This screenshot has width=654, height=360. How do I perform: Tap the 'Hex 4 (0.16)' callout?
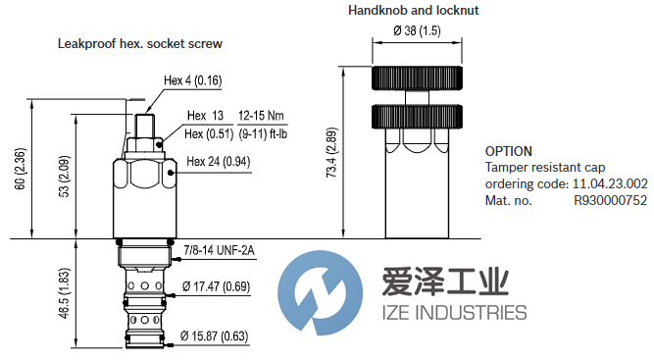pos(193,81)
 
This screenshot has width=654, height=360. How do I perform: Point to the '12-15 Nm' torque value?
pos(257,117)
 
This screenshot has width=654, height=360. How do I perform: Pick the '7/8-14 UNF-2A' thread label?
pos(219,251)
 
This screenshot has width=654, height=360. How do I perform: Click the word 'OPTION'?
pos(509,152)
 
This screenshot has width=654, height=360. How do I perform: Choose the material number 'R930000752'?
pos(610,199)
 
